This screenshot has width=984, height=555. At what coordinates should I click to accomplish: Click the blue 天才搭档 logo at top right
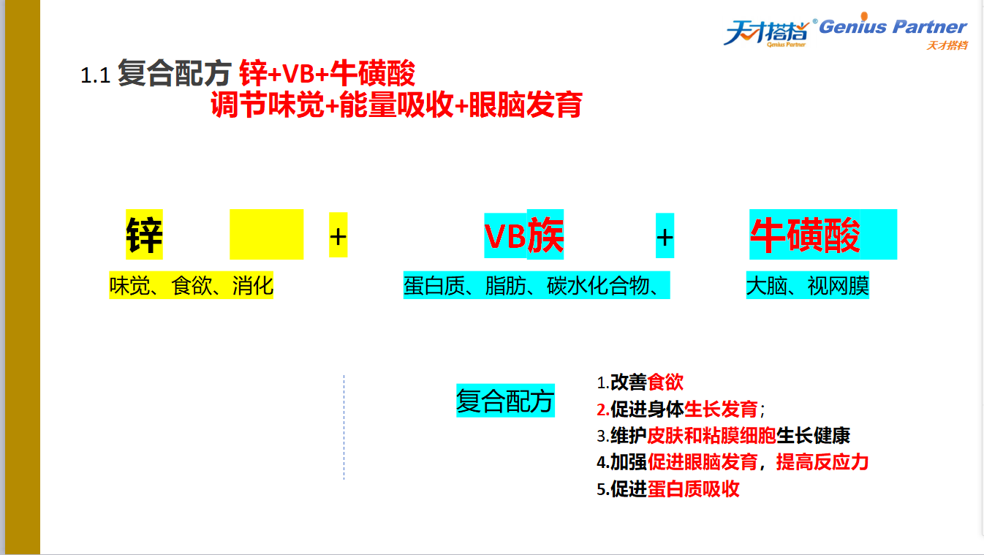click(767, 32)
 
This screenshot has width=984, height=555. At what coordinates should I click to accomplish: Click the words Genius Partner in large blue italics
click(893, 26)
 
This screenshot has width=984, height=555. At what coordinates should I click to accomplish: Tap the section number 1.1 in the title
click(95, 75)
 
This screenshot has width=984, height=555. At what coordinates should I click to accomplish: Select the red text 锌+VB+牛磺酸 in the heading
click(328, 73)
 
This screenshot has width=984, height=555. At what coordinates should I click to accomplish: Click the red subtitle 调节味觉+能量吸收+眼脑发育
click(397, 105)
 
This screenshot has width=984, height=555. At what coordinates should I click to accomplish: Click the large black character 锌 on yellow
click(144, 235)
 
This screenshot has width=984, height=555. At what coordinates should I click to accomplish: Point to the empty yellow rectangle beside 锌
click(267, 234)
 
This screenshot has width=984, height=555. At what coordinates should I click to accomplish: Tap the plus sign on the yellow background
click(338, 235)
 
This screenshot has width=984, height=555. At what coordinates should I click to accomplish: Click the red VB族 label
click(523, 236)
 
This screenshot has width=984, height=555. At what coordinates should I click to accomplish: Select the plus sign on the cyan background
click(665, 236)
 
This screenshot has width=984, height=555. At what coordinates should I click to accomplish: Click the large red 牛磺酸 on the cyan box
click(805, 235)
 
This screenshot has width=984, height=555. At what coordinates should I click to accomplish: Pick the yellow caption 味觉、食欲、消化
click(191, 286)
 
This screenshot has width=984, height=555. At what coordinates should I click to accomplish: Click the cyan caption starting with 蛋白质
click(537, 286)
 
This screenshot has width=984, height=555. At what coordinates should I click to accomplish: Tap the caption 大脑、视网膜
click(807, 286)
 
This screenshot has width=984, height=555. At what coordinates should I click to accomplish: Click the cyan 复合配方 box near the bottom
click(505, 401)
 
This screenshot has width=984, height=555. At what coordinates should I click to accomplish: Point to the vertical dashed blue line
click(344, 427)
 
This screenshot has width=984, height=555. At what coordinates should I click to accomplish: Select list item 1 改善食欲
click(640, 382)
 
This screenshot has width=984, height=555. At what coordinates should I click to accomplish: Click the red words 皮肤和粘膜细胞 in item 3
click(711, 436)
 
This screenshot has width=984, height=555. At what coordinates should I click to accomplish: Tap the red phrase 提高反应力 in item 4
click(822, 462)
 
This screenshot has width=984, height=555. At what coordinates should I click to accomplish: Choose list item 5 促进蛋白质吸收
click(668, 488)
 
